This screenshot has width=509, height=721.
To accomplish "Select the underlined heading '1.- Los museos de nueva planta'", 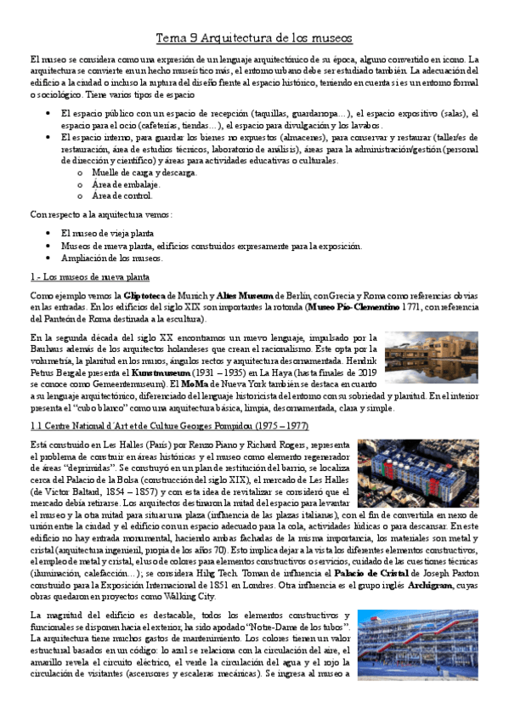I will (89, 277).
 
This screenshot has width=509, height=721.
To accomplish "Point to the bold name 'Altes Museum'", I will (242, 293).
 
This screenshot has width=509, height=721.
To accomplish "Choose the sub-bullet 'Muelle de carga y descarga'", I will (144, 172).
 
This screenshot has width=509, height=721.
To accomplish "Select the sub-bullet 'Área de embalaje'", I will (125, 184).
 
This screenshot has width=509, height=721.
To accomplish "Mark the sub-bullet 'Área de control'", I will (122, 196).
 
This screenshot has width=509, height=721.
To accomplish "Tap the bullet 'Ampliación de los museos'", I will (111, 258).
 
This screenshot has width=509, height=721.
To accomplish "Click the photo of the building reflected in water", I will (431, 357).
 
